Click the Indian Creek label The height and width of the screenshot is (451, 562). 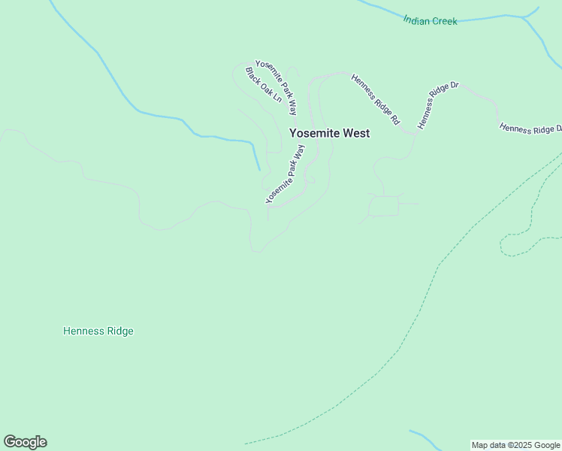(x=430, y=21)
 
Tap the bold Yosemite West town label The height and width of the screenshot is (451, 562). (x=329, y=133)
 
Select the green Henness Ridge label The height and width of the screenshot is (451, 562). (x=98, y=331)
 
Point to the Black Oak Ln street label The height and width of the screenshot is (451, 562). (x=264, y=85)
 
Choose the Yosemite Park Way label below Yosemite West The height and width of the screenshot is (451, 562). (x=285, y=175)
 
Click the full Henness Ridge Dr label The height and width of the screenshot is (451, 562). (x=439, y=105)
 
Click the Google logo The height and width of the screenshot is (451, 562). (x=26, y=442)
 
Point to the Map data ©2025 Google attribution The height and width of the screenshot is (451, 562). (x=516, y=445)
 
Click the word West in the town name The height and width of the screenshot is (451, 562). (x=356, y=133)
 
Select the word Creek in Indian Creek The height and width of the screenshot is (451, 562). (x=444, y=21)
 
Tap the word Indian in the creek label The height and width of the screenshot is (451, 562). (x=416, y=20)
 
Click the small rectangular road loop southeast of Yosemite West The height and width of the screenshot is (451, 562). (x=385, y=206)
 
